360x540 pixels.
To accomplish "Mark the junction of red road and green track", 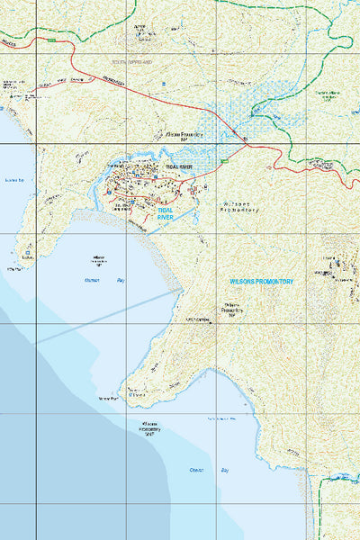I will tap(244, 139).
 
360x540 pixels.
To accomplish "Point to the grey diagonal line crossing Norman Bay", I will tap(108, 315).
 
